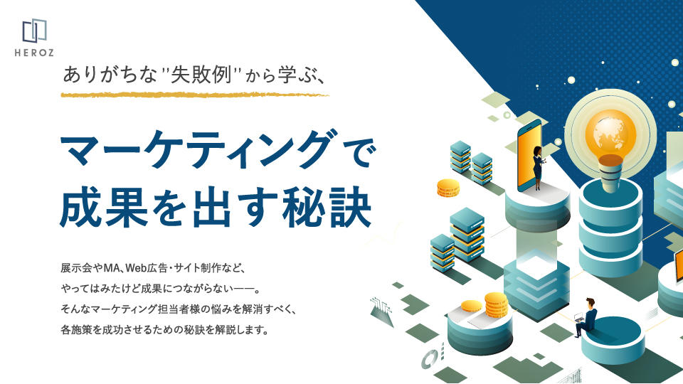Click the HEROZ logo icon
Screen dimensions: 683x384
34,31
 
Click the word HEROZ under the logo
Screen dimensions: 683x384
34,53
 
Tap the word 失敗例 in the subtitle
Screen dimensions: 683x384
201,75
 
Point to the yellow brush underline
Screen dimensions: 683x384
195,95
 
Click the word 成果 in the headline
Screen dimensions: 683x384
104,208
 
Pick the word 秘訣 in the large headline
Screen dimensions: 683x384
327,208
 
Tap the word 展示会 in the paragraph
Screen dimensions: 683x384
76,268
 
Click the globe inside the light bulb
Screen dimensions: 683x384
610,133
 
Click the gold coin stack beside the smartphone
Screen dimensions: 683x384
448,188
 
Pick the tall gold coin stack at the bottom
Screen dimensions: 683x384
496,305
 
